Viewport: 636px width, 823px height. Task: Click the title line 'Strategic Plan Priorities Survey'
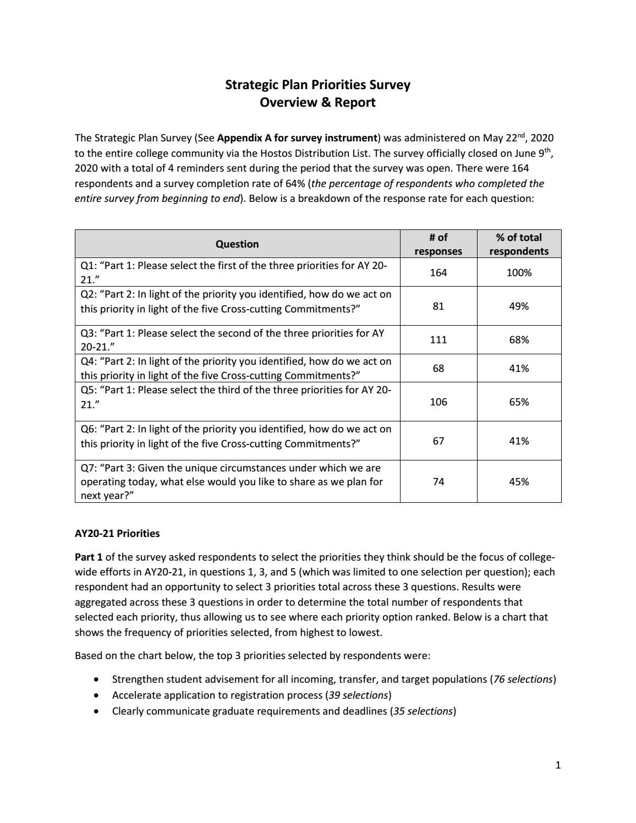[317, 85]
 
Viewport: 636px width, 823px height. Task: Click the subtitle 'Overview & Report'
[317, 102]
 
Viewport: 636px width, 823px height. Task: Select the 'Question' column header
[237, 244]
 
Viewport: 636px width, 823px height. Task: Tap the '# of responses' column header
[438, 244]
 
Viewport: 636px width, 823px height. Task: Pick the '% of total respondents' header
[519, 244]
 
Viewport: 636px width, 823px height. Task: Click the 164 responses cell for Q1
[438, 272]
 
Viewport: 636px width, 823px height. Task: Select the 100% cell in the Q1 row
[519, 272]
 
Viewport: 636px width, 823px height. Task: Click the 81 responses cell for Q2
[438, 306]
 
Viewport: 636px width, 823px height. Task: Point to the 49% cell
[519, 306]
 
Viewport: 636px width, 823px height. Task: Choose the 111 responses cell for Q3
[438, 339]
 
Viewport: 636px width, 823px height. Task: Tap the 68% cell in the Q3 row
[519, 339]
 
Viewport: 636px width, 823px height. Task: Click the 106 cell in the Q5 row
[438, 402]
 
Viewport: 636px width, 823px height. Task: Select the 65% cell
[519, 402]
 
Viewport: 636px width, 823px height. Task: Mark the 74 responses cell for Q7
[438, 481]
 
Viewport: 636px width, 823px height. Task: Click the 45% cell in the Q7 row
[519, 481]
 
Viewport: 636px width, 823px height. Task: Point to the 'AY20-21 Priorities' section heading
[117, 533]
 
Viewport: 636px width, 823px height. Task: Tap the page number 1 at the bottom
[558, 765]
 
